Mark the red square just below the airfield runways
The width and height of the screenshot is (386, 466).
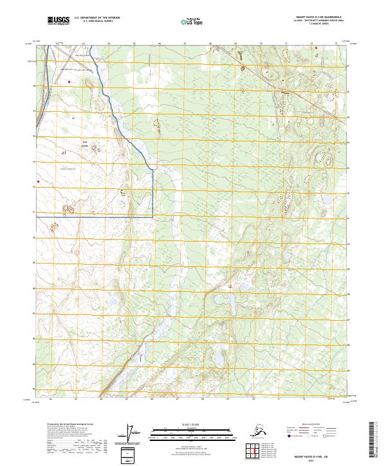pyautogui.click(x=68, y=81)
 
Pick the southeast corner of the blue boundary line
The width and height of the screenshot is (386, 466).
pyautogui.click(x=152, y=217)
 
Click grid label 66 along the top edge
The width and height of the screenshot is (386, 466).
pyautogui.click(x=160, y=44)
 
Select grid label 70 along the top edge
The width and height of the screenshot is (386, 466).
pyautogui.click(x=261, y=44)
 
